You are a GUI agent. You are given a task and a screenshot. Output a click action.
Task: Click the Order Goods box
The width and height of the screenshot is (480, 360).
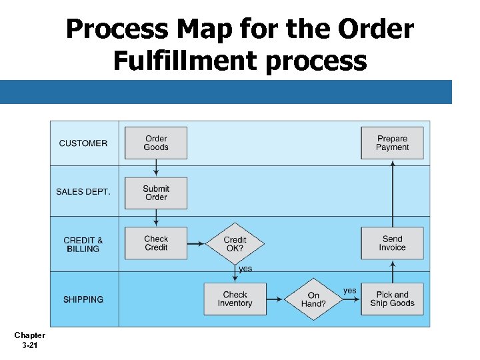click(156, 143)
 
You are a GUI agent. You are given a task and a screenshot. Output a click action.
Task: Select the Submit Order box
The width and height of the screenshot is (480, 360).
click(156, 193)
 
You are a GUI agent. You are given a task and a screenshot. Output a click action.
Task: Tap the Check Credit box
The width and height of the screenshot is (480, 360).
click(156, 243)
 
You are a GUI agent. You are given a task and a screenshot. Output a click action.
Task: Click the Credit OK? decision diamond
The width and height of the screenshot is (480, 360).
click(235, 243)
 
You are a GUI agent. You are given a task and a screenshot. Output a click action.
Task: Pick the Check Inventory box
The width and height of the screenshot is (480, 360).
click(235, 299)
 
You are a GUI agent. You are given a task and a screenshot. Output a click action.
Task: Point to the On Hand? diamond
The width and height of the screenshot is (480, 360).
click(313, 299)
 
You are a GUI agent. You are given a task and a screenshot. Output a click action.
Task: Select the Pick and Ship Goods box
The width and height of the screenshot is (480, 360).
click(392, 299)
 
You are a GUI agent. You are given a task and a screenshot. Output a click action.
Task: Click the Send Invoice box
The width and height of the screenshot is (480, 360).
click(392, 243)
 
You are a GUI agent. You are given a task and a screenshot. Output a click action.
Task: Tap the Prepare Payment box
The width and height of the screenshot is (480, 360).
click(392, 143)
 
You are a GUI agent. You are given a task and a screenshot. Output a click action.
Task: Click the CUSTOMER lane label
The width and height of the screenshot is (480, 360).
click(83, 143)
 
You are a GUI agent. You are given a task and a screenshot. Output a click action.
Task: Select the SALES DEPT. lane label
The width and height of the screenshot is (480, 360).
click(83, 192)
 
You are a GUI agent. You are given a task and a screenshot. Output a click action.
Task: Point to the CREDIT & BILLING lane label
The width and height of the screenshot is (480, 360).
click(83, 245)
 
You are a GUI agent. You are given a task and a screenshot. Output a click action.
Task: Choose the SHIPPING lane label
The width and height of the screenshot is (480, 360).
click(83, 299)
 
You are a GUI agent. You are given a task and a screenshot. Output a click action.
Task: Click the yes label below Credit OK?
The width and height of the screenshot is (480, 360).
click(245, 269)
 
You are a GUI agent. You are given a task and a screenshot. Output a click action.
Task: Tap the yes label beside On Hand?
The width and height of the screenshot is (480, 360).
click(350, 291)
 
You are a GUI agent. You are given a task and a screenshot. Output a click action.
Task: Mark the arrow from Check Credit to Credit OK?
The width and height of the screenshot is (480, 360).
click(196, 243)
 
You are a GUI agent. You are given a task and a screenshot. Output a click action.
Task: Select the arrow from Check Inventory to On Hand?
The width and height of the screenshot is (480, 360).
click(275, 299)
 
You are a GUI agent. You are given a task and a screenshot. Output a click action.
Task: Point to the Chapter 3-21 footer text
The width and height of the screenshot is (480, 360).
click(29, 340)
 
